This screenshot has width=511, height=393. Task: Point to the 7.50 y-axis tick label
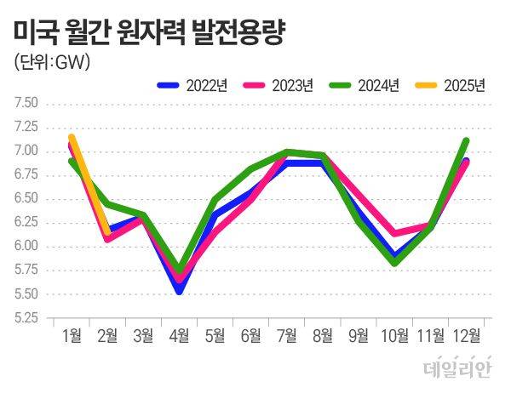click(26, 104)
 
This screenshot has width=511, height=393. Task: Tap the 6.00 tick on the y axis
click(26, 247)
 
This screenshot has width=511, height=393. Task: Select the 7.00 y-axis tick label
click(26, 151)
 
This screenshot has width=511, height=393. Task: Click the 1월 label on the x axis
click(72, 335)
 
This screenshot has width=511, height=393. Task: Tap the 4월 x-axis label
click(180, 335)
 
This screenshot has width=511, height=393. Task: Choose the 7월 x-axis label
click(288, 335)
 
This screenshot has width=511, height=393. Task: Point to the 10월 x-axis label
click(394, 335)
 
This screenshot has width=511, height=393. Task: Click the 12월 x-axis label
click(466, 335)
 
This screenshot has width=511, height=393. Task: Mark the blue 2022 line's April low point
click(180, 291)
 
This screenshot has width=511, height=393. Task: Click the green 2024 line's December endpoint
click(466, 140)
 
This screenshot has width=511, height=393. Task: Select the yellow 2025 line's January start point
click(72, 137)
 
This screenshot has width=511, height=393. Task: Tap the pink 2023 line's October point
click(394, 233)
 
